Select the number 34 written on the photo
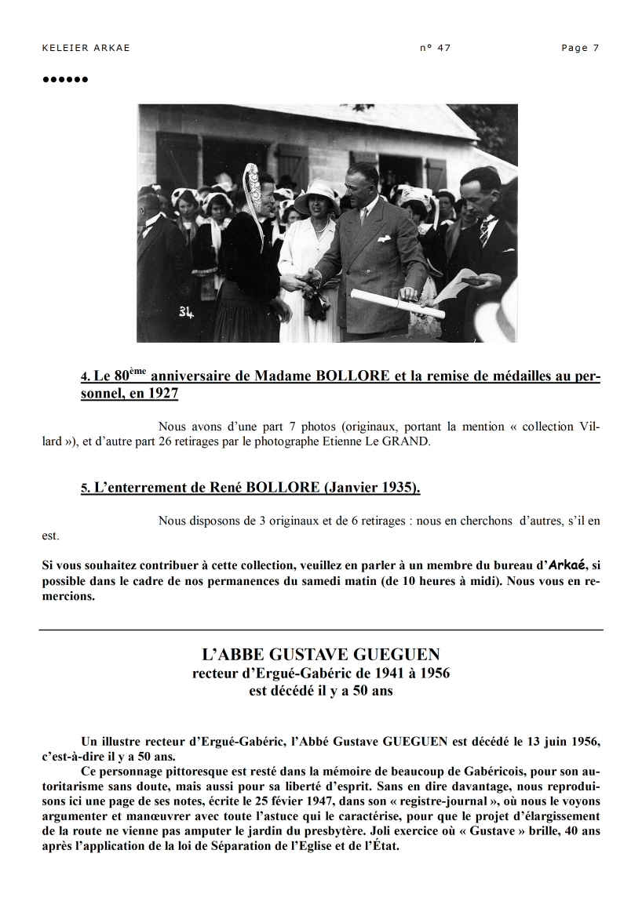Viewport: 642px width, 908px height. pos(186,313)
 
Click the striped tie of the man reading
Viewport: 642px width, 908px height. pos(483,231)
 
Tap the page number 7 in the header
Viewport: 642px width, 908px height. pos(596,48)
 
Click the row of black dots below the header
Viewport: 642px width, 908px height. pos(65,79)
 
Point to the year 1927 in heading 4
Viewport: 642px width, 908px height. pos(162,394)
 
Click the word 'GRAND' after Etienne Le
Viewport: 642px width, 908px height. pos(409,441)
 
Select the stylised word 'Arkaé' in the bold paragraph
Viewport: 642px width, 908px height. pos(567,564)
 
